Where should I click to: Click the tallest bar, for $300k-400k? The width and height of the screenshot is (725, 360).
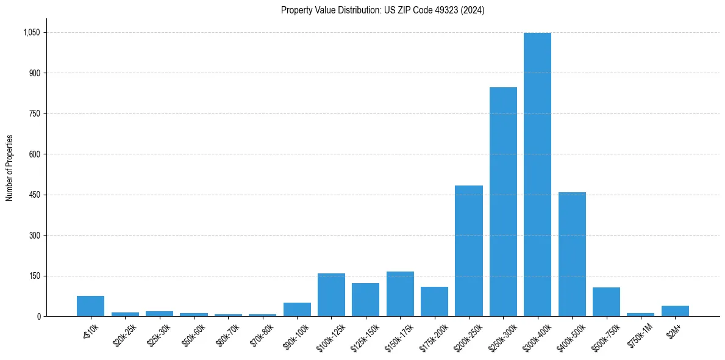pyautogui.click(x=537, y=175)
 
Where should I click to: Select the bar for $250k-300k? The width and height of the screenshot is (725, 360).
pyautogui.click(x=503, y=201)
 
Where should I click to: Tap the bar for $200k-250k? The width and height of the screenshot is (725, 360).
pyautogui.click(x=469, y=251)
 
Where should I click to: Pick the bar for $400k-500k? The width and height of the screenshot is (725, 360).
pyautogui.click(x=572, y=254)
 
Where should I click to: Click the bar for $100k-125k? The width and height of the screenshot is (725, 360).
pyautogui.click(x=331, y=295)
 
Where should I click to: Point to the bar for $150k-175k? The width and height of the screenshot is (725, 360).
pyautogui.click(x=400, y=293)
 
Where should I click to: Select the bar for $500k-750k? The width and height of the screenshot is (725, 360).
pyautogui.click(x=606, y=301)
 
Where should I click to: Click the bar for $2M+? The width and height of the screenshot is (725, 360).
pyautogui.click(x=675, y=311)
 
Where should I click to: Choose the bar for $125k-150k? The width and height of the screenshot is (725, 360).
pyautogui.click(x=365, y=300)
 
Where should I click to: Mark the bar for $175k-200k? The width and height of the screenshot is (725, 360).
pyautogui.click(x=434, y=301)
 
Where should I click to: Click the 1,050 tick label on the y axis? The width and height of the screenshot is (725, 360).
pyautogui.click(x=32, y=32)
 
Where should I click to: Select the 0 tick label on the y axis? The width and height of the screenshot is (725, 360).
pyautogui.click(x=38, y=316)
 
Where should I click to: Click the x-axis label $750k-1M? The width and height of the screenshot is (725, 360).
pyautogui.click(x=640, y=334)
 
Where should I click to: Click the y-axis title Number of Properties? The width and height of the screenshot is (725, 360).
pyautogui.click(x=9, y=168)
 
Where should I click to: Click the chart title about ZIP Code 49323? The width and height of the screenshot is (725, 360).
pyautogui.click(x=382, y=10)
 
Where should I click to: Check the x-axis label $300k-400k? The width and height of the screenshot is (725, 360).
pyautogui.click(x=536, y=335)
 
